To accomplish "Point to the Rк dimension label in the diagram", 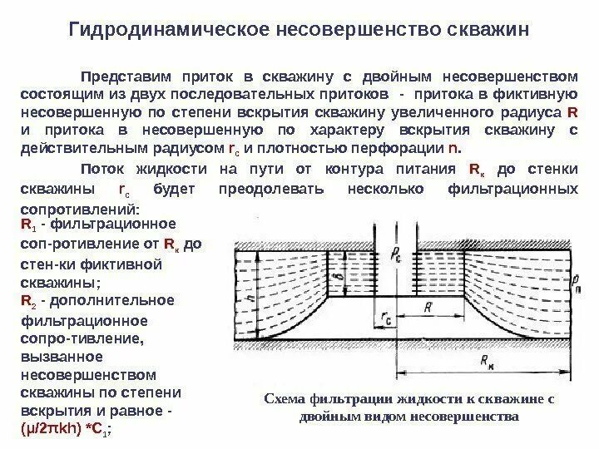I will click(480, 361).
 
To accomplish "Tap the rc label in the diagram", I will click(384, 317).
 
